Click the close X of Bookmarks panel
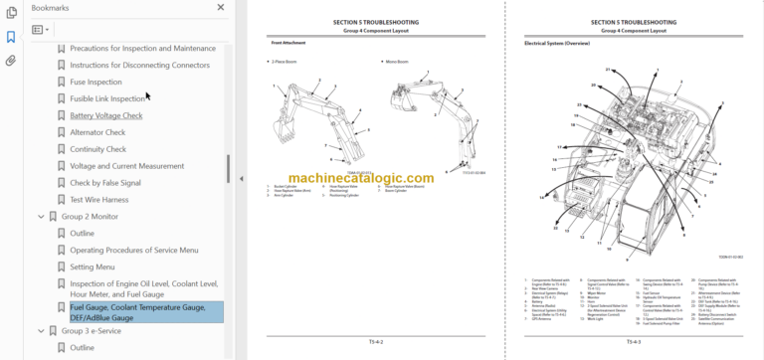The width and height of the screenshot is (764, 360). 220,7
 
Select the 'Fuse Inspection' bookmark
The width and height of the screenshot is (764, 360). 95,82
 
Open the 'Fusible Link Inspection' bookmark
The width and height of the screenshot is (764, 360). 107,98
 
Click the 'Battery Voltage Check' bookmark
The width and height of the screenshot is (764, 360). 105,115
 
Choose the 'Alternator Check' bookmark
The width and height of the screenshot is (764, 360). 97,132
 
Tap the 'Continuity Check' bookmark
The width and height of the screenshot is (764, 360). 97,149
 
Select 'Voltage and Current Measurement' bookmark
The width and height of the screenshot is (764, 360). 126,166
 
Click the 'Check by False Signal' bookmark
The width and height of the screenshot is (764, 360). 104,183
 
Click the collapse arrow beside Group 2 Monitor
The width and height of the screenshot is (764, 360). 41,216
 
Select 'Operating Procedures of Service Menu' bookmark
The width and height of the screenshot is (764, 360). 133,250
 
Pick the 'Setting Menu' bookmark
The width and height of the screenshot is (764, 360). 92,267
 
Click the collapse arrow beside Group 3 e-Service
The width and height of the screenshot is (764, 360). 41,331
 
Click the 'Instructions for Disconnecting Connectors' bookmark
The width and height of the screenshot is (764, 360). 139,65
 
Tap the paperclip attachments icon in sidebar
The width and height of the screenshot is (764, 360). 11,61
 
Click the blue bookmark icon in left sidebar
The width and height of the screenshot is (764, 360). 11,37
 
